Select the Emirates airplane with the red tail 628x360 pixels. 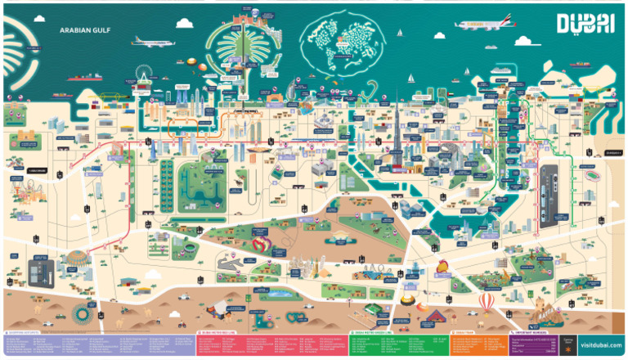[486, 24]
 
